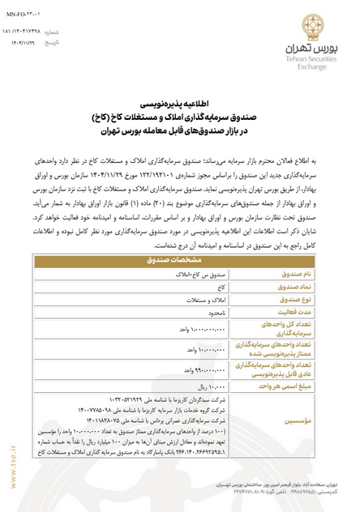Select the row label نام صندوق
click(302, 275)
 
